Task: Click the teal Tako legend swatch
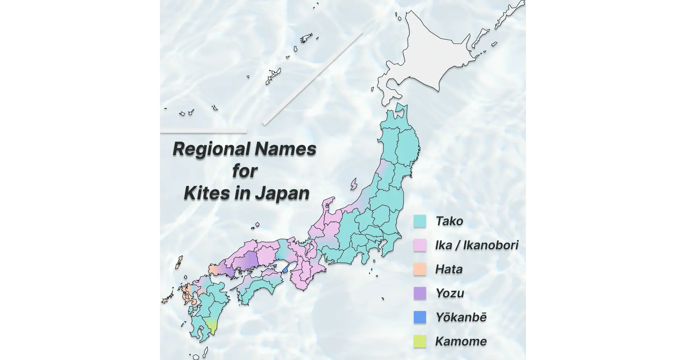420,221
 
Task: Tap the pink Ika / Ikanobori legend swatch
420,245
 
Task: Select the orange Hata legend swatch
420,269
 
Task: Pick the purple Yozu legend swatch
420,293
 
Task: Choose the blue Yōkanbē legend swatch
420,317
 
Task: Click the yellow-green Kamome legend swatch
420,341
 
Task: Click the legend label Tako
449,221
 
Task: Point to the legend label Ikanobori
491,245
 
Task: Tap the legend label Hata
449,269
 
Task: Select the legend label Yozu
450,293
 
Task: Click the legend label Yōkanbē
461,317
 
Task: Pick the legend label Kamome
461,341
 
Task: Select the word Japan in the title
282,194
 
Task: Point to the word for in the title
245,171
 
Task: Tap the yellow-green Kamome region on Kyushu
210,326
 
